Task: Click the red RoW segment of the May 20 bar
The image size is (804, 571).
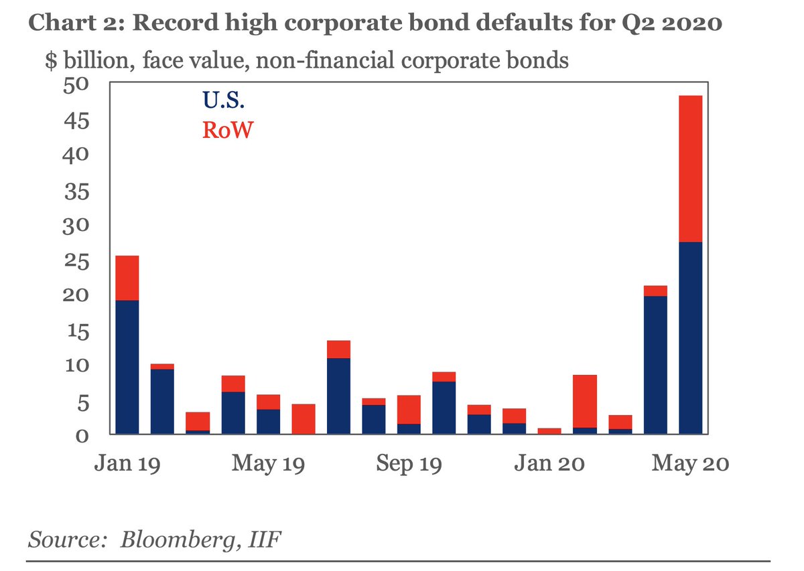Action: coord(690,169)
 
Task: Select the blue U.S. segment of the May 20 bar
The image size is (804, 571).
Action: coord(690,338)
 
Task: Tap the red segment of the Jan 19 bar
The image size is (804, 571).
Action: coord(127,278)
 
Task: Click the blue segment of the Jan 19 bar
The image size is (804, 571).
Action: coord(127,367)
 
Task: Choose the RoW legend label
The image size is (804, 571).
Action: coord(228,130)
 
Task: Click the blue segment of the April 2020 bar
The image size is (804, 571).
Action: coord(655,365)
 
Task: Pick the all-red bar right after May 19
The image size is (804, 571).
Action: coord(303,419)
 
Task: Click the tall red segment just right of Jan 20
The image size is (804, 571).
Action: coord(585,400)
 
